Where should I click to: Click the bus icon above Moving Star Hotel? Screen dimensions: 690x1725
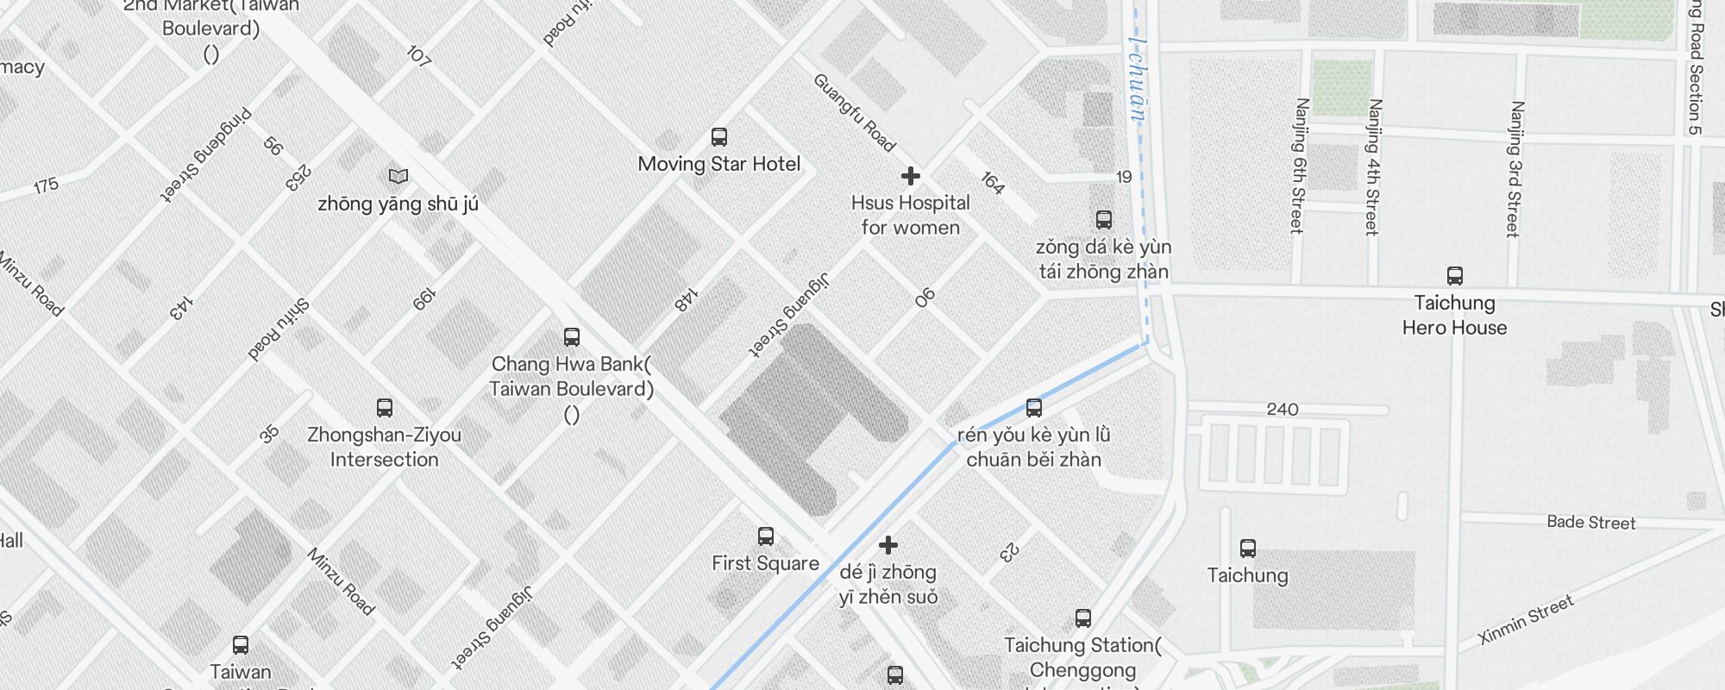pyautogui.click(x=718, y=136)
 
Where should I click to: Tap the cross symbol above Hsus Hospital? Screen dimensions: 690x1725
pyautogui.click(x=910, y=176)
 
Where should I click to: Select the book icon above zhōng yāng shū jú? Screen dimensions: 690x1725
pyautogui.click(x=398, y=176)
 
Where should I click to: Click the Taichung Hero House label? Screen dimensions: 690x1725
pyautogui.click(x=1454, y=315)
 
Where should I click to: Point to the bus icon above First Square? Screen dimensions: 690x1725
pyautogui.click(x=765, y=536)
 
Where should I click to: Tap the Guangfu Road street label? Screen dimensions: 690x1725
pyautogui.click(x=854, y=113)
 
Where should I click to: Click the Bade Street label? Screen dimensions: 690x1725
pyautogui.click(x=1590, y=522)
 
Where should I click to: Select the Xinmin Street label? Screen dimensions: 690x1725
pyautogui.click(x=1526, y=620)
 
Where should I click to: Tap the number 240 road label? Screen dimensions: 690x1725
pyautogui.click(x=1283, y=409)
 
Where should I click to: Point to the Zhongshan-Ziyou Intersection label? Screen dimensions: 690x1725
pyautogui.click(x=384, y=447)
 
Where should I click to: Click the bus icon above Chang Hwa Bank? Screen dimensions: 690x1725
pyautogui.click(x=571, y=336)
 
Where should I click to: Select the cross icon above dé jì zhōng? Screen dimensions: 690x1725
pyautogui.click(x=888, y=545)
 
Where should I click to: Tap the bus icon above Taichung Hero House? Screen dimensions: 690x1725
pyautogui.click(x=1454, y=276)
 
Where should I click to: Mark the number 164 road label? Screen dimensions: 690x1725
pyautogui.click(x=992, y=183)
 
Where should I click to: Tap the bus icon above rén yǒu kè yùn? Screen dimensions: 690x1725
pyautogui.click(x=1033, y=408)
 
